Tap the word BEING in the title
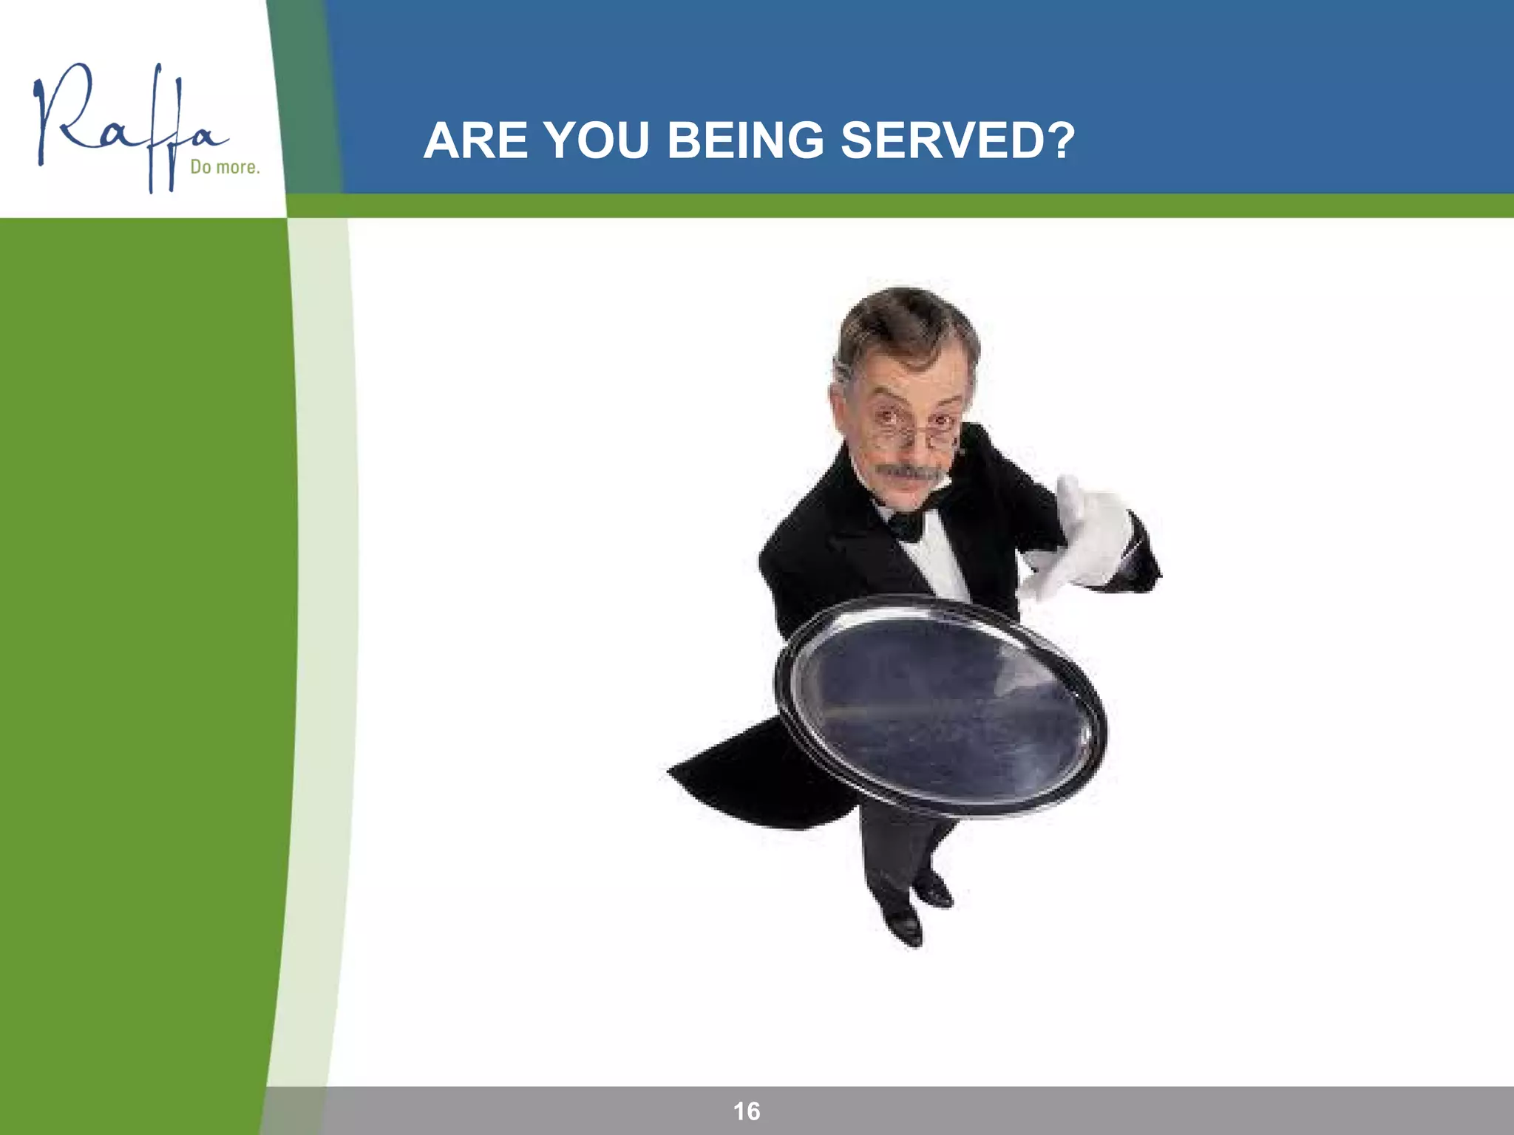[x=745, y=140]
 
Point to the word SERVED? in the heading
[x=957, y=140]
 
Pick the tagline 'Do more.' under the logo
[x=225, y=167]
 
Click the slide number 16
[x=747, y=1111]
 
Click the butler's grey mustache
[x=909, y=471]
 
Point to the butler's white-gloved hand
[x=1087, y=539]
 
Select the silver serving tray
[x=940, y=706]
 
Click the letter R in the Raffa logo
[x=63, y=115]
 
